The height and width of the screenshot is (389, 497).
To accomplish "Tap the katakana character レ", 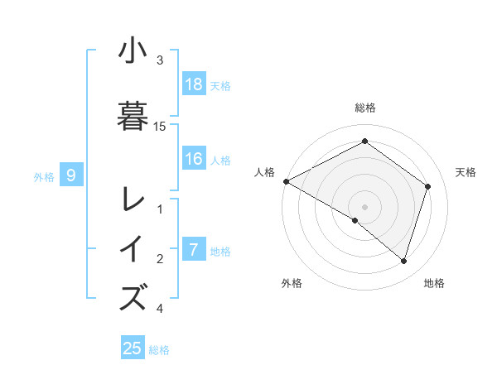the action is [x=133, y=199].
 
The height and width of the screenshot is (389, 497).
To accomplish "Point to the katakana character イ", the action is [x=133, y=249].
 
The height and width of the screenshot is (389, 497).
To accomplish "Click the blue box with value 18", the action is [x=194, y=84].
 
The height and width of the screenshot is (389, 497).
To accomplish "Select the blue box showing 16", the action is [x=194, y=160].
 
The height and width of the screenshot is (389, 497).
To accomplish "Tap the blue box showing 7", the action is [x=194, y=250].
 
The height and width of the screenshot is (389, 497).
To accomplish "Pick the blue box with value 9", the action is [x=71, y=175].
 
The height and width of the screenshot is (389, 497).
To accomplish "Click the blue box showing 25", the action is [x=133, y=348].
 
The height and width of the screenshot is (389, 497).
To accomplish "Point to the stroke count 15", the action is [x=160, y=126].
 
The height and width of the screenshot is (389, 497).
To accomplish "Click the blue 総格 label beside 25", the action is [x=159, y=349].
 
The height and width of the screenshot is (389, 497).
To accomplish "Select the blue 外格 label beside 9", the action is [x=44, y=175].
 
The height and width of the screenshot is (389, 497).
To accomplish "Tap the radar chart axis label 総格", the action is [x=364, y=108].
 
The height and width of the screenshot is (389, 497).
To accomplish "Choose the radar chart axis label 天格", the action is [x=466, y=172].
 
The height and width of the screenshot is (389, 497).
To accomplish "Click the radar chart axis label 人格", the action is [x=264, y=172].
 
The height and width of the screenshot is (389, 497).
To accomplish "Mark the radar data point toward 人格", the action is [x=286, y=181].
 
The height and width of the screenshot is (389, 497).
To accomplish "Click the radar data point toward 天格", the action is [x=427, y=186].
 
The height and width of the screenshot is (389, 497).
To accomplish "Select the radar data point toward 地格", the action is [x=403, y=261].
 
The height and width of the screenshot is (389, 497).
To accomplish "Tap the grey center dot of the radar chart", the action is [x=364, y=206].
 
